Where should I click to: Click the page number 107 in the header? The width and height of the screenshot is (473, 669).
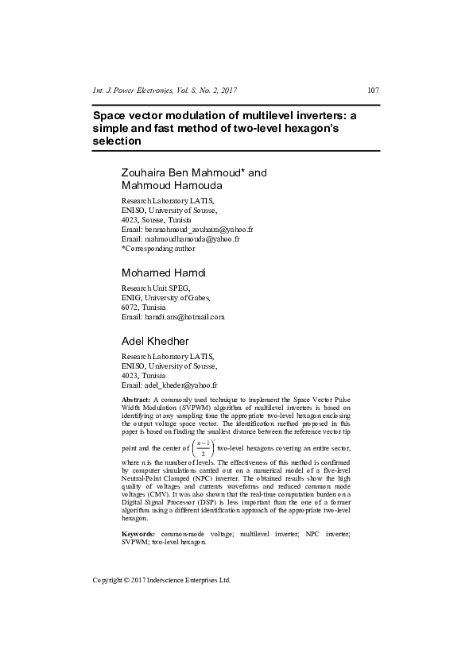click(373, 90)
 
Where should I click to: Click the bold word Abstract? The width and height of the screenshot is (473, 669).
click(136, 397)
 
